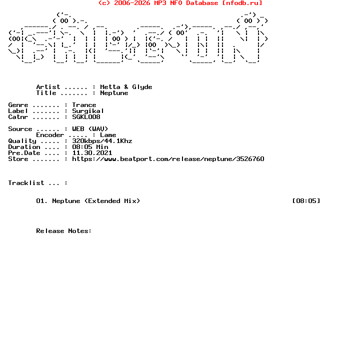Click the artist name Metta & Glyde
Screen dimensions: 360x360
126,87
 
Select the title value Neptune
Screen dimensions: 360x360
114,93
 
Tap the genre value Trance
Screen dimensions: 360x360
84,105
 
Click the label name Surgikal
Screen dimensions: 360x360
88,111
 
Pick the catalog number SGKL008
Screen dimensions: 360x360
86,117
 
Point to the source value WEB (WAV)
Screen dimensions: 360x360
90,129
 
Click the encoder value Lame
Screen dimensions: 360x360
108,135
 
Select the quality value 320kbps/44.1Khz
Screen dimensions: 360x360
102,141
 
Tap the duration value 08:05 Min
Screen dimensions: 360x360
90,147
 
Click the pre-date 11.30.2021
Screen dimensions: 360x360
92,153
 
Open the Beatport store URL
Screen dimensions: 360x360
168,159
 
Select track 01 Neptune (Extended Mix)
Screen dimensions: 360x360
88,201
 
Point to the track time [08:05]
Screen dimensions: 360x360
306,201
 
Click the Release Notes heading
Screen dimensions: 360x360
64,231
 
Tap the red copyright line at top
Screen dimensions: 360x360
180,3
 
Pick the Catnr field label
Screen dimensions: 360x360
18,117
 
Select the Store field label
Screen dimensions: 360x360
18,159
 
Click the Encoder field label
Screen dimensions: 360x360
50,135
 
